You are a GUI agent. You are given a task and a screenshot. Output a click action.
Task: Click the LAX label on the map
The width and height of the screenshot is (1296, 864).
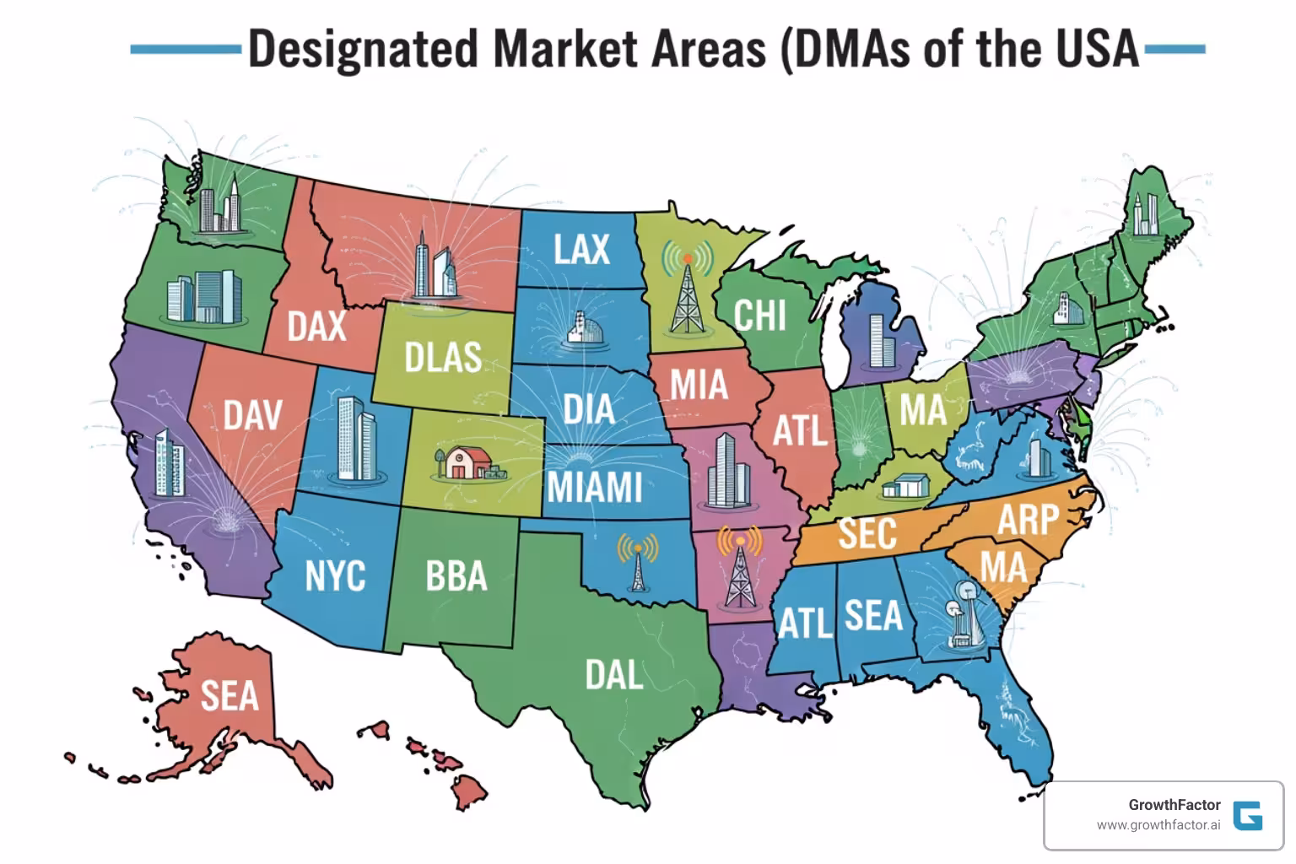(x=581, y=249)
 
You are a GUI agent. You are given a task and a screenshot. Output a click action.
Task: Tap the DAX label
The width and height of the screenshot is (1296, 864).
(x=316, y=326)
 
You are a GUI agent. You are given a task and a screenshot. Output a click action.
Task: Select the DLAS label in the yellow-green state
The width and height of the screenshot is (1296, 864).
(x=442, y=358)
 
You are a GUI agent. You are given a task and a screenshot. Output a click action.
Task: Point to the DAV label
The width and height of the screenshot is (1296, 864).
(x=252, y=415)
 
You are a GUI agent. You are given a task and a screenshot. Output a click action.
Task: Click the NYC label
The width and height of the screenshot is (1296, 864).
(x=334, y=576)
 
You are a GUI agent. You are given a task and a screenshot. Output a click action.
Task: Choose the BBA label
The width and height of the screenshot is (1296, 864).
(x=456, y=576)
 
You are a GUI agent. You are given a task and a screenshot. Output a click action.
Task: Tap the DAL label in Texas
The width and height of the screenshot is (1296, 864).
(x=614, y=674)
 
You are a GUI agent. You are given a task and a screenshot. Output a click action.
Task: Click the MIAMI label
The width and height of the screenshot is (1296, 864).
(x=594, y=488)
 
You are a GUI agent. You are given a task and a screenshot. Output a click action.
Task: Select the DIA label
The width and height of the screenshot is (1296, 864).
(x=588, y=410)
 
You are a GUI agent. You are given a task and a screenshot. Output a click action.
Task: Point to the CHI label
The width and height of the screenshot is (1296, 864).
(x=759, y=316)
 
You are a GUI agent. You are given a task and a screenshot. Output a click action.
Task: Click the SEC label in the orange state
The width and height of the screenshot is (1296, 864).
(x=867, y=533)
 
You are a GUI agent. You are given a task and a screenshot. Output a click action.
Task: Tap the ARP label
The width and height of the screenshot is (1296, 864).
(x=1028, y=519)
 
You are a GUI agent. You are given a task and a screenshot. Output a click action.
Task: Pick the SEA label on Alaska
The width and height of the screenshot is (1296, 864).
(x=229, y=696)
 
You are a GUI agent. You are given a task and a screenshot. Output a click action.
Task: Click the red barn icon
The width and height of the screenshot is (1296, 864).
(x=463, y=462)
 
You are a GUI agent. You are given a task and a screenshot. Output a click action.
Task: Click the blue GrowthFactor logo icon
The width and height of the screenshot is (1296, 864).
(x=1247, y=815)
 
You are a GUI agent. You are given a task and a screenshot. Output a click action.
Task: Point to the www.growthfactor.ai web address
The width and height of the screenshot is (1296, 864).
(x=1158, y=825)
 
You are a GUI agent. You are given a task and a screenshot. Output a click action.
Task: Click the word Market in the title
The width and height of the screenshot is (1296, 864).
(x=564, y=48)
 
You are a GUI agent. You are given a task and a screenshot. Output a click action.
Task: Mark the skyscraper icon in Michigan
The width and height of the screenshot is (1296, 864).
(x=881, y=340)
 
